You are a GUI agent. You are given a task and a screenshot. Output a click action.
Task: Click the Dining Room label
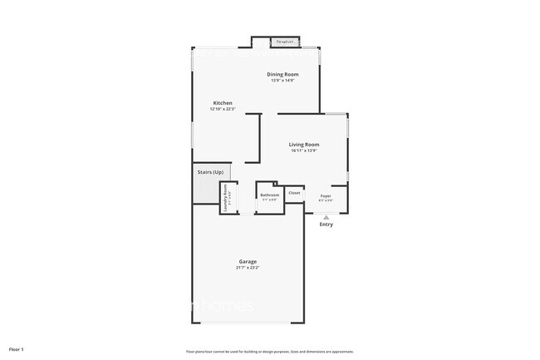pos(283,74)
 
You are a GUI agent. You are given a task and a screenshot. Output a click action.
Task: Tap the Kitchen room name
pos(222,103)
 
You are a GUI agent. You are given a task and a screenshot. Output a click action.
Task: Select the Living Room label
pos(304,144)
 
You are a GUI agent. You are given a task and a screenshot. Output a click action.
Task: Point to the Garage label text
pos(248,261)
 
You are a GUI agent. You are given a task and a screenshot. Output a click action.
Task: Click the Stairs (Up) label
pos(209,172)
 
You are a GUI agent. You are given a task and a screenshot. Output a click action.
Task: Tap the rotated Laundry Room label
pos(225,199)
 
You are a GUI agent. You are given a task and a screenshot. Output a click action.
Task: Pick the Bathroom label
pos(270,195)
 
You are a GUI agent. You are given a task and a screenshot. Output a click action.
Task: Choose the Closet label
pos(294,193)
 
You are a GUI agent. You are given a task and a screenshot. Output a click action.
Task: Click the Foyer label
pos(326,196)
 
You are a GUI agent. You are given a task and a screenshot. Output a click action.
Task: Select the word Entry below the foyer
pos(326,224)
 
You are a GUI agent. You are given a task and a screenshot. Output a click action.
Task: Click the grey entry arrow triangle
pos(326,216)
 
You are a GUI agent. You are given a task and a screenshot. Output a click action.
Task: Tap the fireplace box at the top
pos(286,42)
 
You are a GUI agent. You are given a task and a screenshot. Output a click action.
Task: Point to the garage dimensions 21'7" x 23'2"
pos(248,268)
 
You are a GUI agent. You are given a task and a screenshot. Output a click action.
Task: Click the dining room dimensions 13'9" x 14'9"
pos(283,81)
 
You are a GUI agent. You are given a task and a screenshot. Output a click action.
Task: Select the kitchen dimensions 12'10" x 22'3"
pos(222,110)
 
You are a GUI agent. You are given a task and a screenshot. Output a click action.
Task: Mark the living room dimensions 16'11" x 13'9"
pos(304,150)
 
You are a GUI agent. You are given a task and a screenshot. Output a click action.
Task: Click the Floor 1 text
pos(17,348)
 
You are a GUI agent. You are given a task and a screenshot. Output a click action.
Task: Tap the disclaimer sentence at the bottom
pos(270,351)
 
